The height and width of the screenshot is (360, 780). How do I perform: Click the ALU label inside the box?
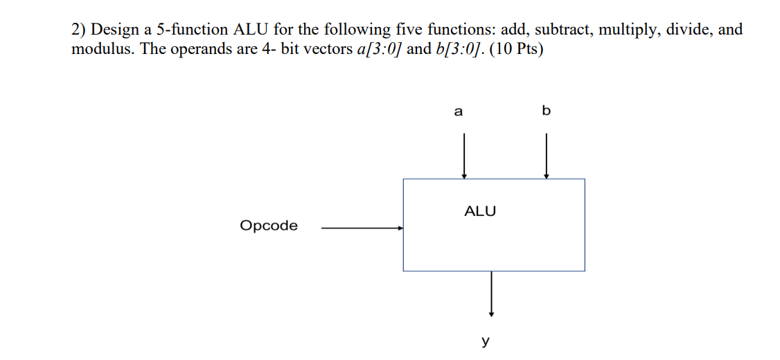coord(480,211)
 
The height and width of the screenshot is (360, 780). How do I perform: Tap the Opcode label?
coord(269,226)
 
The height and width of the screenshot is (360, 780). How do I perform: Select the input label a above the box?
coord(458,111)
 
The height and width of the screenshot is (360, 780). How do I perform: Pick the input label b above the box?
coord(546,111)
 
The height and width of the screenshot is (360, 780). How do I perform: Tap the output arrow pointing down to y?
coord(491,294)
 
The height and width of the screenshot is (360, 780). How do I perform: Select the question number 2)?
coord(79,30)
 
